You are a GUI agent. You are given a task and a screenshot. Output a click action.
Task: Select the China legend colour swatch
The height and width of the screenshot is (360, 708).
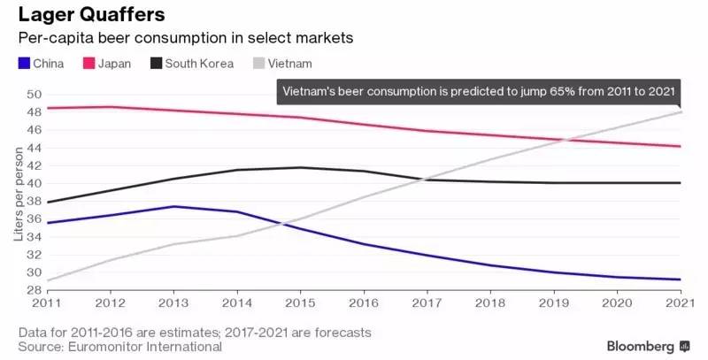tap(22, 64)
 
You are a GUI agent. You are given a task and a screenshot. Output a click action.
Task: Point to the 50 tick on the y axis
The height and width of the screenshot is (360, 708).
tap(35, 95)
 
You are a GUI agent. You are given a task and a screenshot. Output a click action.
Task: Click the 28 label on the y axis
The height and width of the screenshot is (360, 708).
tap(35, 289)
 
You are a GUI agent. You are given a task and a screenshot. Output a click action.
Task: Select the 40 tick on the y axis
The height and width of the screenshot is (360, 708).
tap(35, 183)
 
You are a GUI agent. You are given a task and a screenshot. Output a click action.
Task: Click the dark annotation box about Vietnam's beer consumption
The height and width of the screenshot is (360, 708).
tap(479, 90)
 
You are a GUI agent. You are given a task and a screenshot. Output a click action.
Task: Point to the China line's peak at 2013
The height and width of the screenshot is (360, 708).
tap(173, 206)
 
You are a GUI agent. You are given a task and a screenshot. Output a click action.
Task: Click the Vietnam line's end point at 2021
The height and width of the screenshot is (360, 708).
tap(680, 111)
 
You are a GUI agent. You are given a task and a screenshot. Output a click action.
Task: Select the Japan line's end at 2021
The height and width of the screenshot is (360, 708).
tap(680, 146)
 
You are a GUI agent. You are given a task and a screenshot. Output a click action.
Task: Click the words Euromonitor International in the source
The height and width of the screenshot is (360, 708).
tap(145, 347)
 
